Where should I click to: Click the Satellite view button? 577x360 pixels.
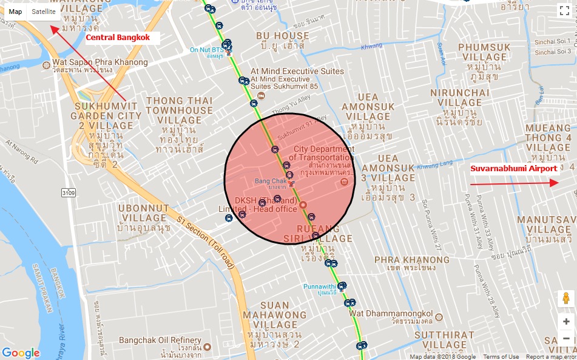point(44,12)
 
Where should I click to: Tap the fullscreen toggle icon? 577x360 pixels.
point(563,10)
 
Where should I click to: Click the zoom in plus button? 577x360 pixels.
point(565,322)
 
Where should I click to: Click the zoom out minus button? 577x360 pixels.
point(565,338)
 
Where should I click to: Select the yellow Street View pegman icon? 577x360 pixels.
point(565,299)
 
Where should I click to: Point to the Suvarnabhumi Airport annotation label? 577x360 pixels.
point(513,168)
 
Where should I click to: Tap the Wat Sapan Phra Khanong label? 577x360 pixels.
point(100,63)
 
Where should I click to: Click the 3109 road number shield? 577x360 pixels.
point(69,192)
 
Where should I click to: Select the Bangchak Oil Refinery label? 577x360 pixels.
point(160,341)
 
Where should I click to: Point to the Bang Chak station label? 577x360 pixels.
point(270,181)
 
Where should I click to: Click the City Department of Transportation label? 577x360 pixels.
point(324,154)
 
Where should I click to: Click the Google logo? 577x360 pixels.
point(21,353)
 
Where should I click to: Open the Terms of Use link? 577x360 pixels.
point(501,357)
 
